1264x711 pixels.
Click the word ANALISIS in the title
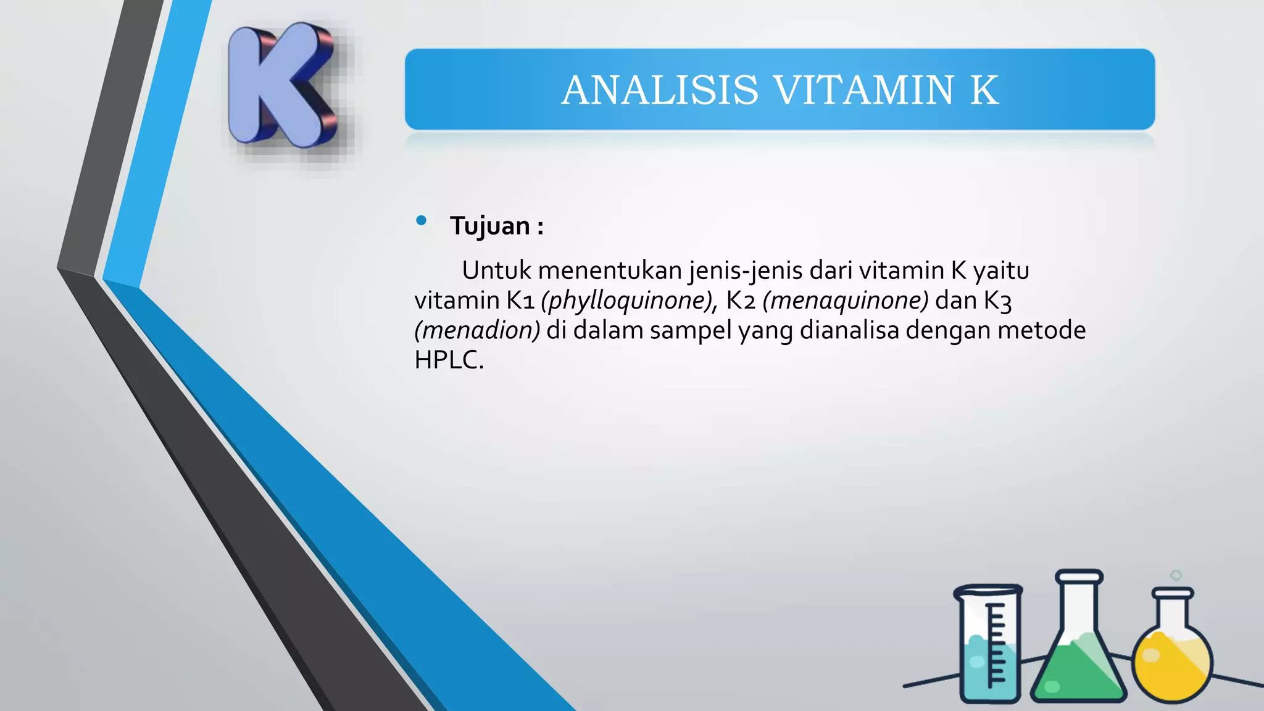click(660, 90)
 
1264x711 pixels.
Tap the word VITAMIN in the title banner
click(863, 90)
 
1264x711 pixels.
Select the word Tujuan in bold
click(490, 226)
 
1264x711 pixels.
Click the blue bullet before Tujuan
click(422, 220)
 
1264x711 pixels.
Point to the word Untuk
click(496, 270)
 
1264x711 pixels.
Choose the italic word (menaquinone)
click(846, 301)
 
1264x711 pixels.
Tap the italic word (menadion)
click(477, 330)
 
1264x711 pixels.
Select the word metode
click(1041, 330)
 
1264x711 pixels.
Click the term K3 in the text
click(997, 301)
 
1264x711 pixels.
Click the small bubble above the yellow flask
click(1176, 575)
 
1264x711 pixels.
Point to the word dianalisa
click(849, 330)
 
